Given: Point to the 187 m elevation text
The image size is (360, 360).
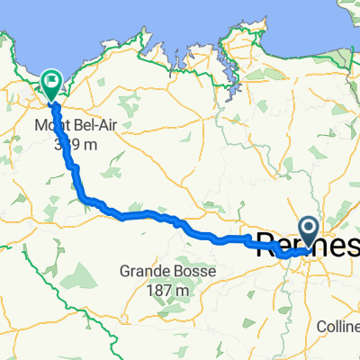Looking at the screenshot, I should (170, 289).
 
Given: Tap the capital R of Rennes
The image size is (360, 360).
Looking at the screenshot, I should (266, 244).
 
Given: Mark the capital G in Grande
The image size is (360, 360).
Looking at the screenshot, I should (124, 272).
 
